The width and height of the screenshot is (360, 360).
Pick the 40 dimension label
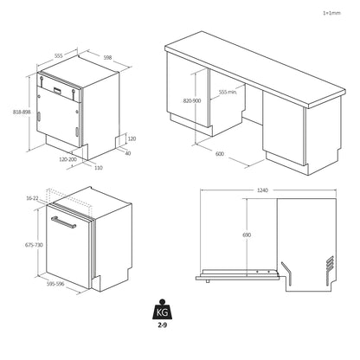(x=128, y=154)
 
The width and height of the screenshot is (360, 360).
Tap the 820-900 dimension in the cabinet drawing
(x=192, y=100)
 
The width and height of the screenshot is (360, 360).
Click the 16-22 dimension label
(x=32, y=198)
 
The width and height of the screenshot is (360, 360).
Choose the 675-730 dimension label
(x=32, y=246)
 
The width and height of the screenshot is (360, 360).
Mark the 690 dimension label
(x=247, y=235)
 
